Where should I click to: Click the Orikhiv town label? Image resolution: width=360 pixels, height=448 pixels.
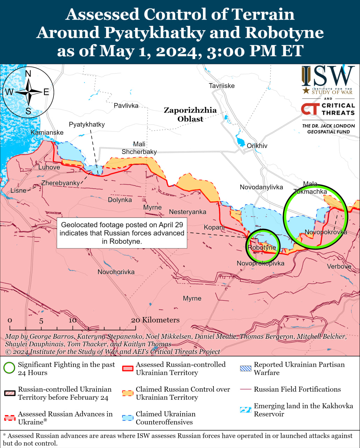click(257, 146)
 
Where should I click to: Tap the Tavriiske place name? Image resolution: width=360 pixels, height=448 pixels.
click(221, 86)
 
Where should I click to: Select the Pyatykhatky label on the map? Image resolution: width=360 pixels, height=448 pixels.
click(87, 125)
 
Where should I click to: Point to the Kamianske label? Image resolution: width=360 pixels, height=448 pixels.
click(47, 133)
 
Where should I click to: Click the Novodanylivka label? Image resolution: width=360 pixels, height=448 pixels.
click(261, 187)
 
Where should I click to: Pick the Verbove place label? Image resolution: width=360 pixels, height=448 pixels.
click(339, 267)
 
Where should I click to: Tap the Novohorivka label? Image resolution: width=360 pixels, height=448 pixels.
click(116, 272)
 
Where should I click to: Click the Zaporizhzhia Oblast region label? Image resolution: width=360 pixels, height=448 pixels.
click(190, 114)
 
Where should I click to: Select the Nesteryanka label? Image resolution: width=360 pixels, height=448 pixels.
click(188, 212)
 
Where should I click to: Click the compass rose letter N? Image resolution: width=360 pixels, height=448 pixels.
click(28, 73)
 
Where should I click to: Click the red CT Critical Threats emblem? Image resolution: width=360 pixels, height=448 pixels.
click(310, 109)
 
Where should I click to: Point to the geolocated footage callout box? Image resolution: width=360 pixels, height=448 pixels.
click(122, 233)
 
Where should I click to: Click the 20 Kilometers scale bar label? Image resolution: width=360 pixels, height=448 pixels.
click(155, 320)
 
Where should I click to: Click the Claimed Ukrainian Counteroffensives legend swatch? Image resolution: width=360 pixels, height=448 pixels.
click(128, 418)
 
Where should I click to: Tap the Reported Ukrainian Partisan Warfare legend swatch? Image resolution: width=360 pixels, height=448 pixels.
click(246, 368)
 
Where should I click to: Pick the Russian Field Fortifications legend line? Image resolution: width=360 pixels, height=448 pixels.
click(246, 390)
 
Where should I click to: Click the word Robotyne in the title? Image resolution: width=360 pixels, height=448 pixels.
click(284, 33)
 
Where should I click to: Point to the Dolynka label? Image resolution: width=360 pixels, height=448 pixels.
click(120, 200)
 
